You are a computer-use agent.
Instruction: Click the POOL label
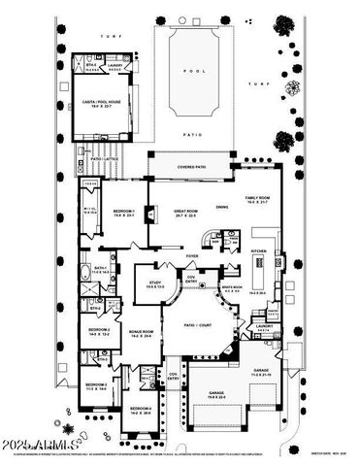point(198,70)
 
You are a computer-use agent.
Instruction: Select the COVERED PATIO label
point(192,167)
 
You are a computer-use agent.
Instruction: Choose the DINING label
point(222,207)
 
